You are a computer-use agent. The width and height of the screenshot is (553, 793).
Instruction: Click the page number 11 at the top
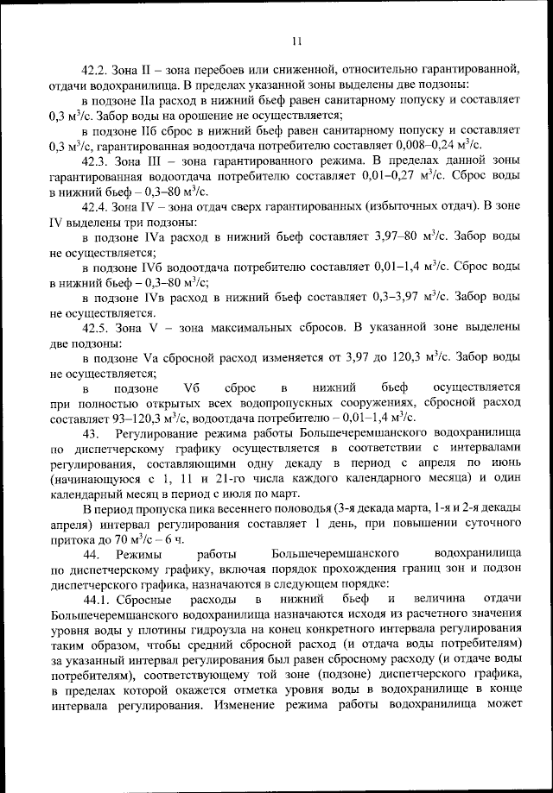[296, 41]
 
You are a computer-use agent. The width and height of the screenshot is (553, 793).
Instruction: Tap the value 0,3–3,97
[393, 296]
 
